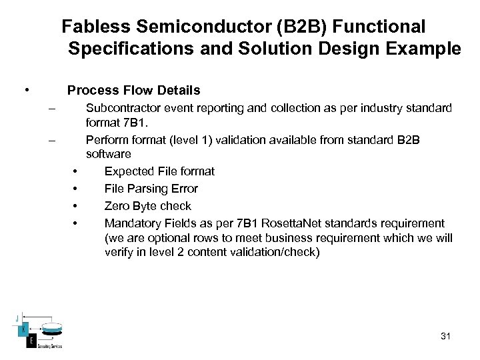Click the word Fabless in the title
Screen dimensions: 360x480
pyautogui.click(x=94, y=27)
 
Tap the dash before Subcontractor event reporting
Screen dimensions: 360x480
pyautogui.click(x=51, y=108)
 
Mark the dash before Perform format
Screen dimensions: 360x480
pyautogui.click(x=51, y=140)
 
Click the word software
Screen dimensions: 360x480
pyautogui.click(x=109, y=155)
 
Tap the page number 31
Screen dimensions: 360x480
pyautogui.click(x=445, y=336)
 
